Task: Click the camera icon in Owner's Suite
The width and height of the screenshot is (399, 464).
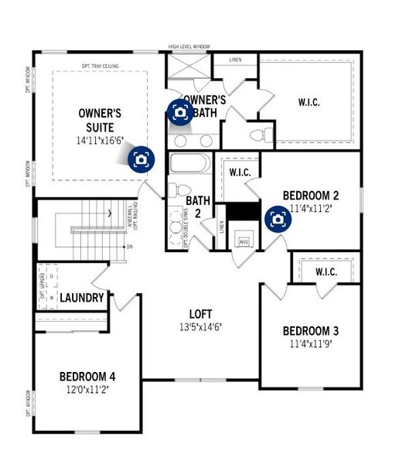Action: coord(142,159)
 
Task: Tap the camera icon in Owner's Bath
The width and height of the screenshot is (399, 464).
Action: coord(180,112)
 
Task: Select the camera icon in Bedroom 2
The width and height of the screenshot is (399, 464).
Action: coord(278,219)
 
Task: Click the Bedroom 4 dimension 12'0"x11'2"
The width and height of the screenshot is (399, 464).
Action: coord(97,391)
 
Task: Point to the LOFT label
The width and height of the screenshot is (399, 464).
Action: coord(199,313)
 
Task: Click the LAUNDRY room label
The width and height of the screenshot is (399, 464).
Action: coord(82,298)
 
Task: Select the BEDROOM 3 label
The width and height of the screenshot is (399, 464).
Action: coord(309,331)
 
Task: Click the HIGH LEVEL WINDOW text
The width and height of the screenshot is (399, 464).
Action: coord(190,46)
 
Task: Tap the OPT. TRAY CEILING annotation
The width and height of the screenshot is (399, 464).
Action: coord(101,66)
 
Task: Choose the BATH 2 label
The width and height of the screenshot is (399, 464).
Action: coord(197,206)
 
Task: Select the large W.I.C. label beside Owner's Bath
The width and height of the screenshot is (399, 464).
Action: coord(309,101)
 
